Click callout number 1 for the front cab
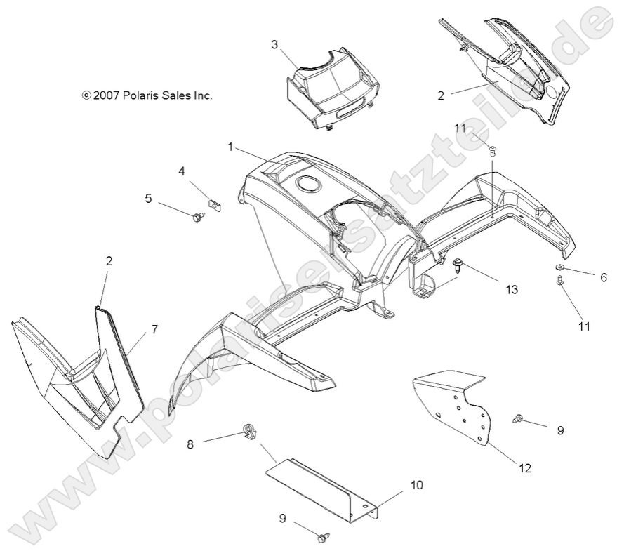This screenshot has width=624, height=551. [x=230, y=147]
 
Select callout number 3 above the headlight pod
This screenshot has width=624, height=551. [x=274, y=44]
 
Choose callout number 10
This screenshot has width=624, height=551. [x=417, y=484]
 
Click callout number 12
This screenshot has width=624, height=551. [x=524, y=468]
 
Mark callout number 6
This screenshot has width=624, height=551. [x=604, y=277]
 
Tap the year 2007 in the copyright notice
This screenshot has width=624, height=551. [x=107, y=95]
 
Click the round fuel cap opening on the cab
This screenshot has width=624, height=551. [x=307, y=185]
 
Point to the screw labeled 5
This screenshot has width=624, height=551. [x=197, y=217]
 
